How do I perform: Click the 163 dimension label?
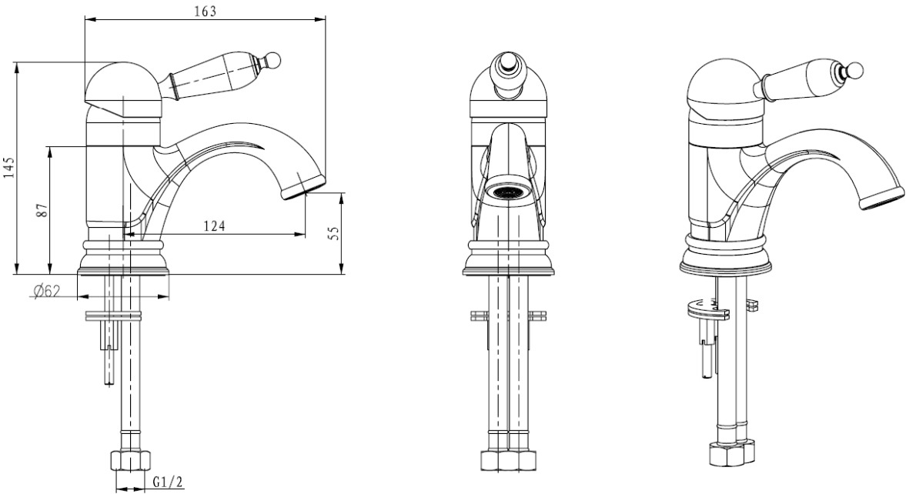[x=206, y=11]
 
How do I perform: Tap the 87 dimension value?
[x=41, y=210]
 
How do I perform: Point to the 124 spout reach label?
[x=214, y=226]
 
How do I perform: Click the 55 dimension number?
[x=333, y=232]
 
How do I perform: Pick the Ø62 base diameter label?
[x=47, y=291]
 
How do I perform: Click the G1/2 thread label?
[x=168, y=481]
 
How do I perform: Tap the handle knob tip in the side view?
[x=273, y=59]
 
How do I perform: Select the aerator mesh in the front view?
[x=508, y=192]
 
